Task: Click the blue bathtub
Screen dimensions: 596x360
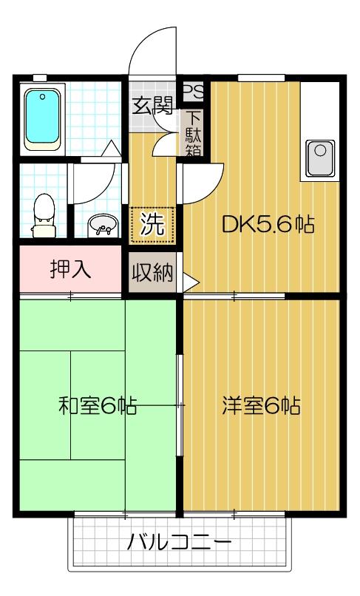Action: pyautogui.click(x=44, y=118)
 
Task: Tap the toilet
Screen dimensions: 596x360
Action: pyautogui.click(x=44, y=210)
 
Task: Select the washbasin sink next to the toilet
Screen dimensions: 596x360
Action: pyautogui.click(x=101, y=225)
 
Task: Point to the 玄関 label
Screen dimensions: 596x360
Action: pyautogui.click(x=153, y=106)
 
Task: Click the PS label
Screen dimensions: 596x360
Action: pyautogui.click(x=194, y=91)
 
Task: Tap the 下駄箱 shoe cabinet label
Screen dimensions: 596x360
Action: pyautogui.click(x=194, y=134)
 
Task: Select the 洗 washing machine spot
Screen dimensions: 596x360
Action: pyautogui.click(x=153, y=224)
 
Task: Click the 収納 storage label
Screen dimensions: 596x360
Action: pyautogui.click(x=152, y=274)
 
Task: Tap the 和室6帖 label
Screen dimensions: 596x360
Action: pyautogui.click(x=97, y=405)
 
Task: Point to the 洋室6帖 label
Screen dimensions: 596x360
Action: pyautogui.click(x=261, y=405)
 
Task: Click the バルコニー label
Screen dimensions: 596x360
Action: pyautogui.click(x=178, y=543)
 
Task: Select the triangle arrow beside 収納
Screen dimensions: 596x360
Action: pyautogui.click(x=190, y=282)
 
